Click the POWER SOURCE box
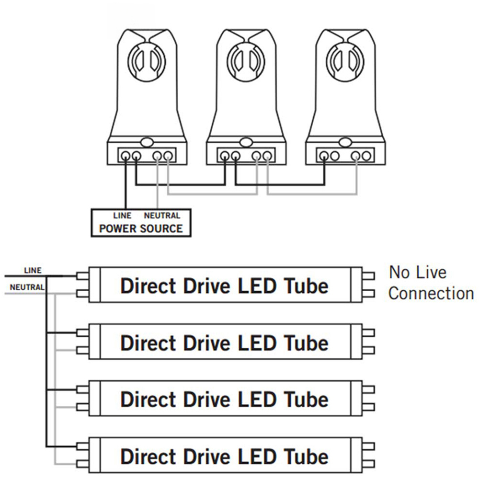point(141,223)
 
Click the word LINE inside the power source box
point(122,216)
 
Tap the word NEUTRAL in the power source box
point(162,216)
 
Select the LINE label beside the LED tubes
point(33,271)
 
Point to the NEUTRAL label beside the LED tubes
point(27,288)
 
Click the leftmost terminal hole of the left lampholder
point(125,156)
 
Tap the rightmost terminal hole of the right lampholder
point(366,156)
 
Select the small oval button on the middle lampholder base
point(246,142)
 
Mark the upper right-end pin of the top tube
point(369,276)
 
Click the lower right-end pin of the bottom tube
point(369,463)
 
